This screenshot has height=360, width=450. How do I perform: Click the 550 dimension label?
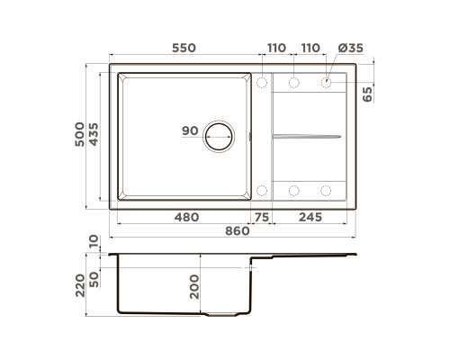[x=184, y=48]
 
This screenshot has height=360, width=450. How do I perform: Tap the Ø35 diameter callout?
[x=350, y=48]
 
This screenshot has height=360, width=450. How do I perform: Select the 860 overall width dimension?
[x=238, y=231]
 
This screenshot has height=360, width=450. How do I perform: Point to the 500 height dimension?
[x=79, y=134]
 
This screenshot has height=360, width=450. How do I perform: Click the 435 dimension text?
[x=94, y=134]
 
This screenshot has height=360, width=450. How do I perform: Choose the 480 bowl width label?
[x=186, y=217]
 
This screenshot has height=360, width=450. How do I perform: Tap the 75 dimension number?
[x=262, y=217]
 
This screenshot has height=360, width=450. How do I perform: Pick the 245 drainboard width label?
[x=310, y=217]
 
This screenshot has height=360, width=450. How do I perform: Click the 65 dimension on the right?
[x=367, y=94]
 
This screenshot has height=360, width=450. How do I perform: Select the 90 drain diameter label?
[x=190, y=130]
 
